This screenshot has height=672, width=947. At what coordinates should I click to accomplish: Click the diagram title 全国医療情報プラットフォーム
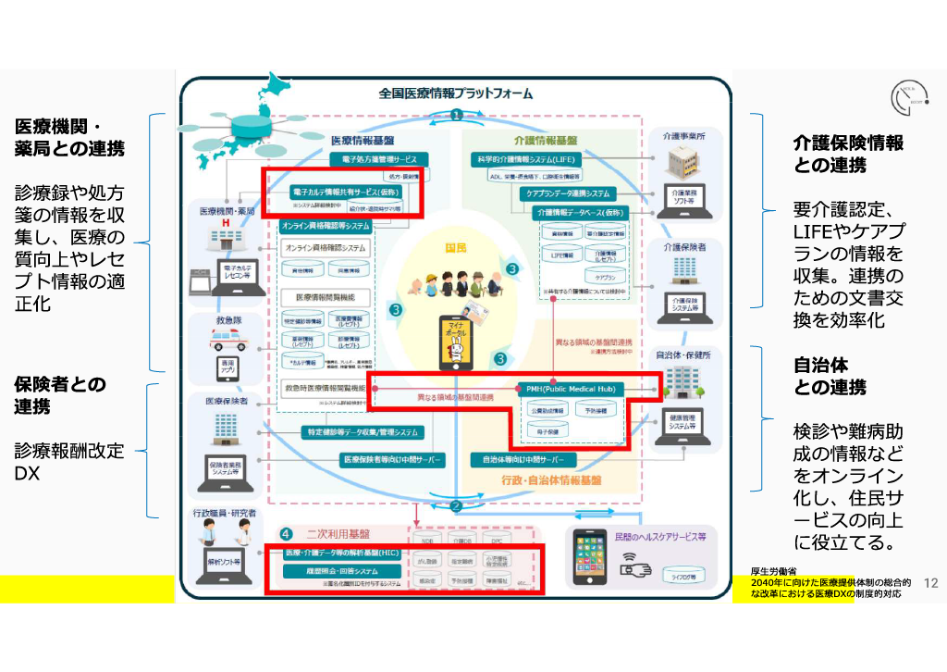click(456, 93)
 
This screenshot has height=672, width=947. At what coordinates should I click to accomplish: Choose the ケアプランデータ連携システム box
click(569, 193)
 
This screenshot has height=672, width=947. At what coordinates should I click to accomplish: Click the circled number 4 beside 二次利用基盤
click(287, 534)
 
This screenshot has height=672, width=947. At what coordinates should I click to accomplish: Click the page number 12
click(930, 583)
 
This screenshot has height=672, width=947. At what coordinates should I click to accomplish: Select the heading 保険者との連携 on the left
click(59, 395)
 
